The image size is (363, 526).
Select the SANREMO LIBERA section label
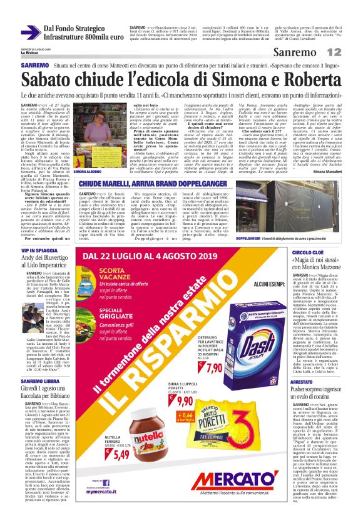coord(41,381)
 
